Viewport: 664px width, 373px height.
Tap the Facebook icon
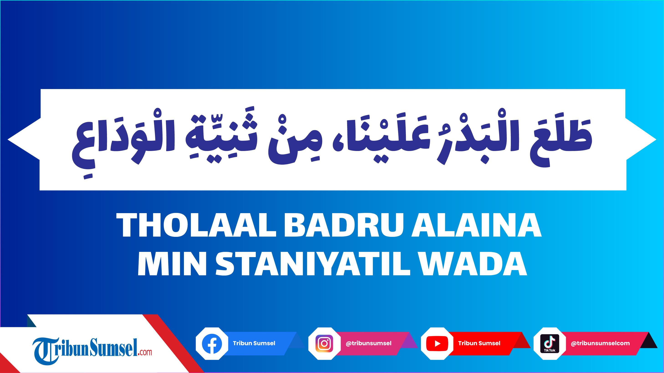(212, 344)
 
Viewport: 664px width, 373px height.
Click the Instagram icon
(324, 344)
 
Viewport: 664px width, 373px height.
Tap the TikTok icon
(550, 344)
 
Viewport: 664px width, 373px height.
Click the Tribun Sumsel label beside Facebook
(254, 343)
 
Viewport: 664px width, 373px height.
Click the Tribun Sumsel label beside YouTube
(479, 343)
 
